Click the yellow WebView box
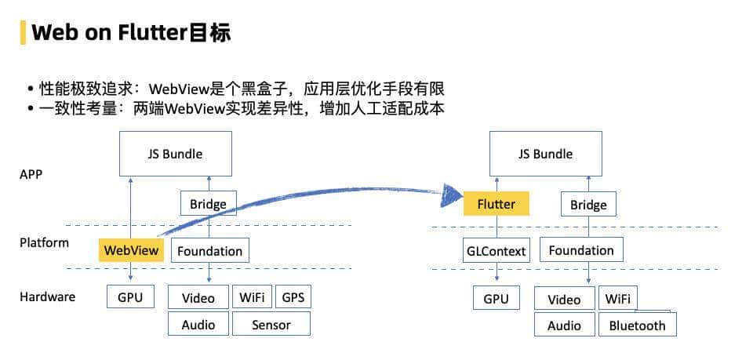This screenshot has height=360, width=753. (x=130, y=251)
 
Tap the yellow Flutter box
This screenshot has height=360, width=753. (x=496, y=204)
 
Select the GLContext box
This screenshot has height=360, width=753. (x=496, y=251)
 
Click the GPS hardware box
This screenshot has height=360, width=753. (x=293, y=298)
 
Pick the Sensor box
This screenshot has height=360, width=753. (x=271, y=324)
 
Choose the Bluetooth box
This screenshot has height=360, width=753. (x=637, y=325)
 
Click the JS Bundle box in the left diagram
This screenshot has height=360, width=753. (x=175, y=154)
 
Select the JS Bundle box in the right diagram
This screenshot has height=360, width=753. (x=545, y=154)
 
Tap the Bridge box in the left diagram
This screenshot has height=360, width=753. (x=208, y=205)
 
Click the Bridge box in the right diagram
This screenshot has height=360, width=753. (x=588, y=205)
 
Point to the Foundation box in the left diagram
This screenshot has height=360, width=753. (x=209, y=251)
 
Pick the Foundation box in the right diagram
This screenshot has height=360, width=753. (x=581, y=251)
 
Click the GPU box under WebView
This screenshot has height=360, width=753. (x=130, y=298)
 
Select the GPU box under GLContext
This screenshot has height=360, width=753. (x=496, y=299)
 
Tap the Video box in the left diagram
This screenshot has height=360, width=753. (x=198, y=298)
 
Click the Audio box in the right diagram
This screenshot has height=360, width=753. (x=564, y=325)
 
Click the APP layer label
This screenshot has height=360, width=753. (x=31, y=174)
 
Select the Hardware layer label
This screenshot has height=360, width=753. (x=47, y=296)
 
